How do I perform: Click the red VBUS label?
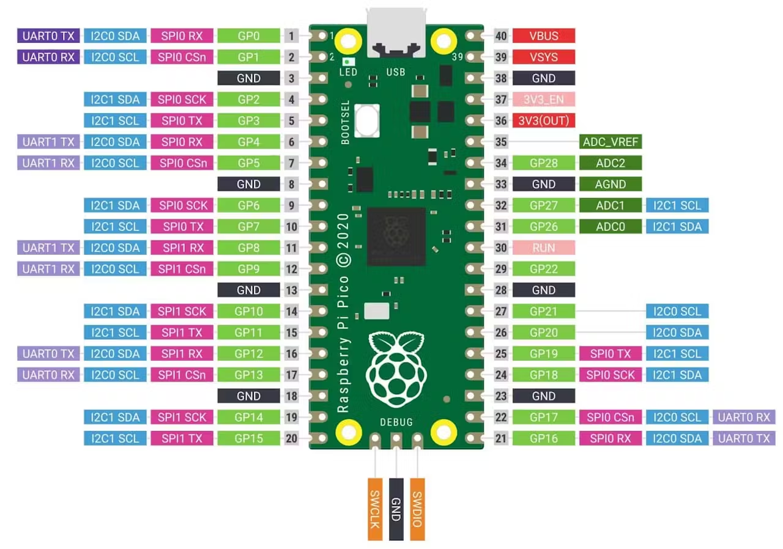(x=544, y=35)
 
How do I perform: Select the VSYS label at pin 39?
(x=544, y=57)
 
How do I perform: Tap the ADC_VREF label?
(x=610, y=142)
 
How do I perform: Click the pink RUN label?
(x=544, y=248)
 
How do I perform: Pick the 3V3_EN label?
(x=544, y=100)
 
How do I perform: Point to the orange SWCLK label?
(x=375, y=509)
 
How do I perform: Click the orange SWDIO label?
(x=417, y=509)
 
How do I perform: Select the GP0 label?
(x=248, y=35)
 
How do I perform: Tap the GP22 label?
(x=544, y=269)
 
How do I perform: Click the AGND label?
(x=610, y=184)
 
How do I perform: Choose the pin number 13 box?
(x=292, y=290)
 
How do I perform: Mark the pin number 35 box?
(x=501, y=142)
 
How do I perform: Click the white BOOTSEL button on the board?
(x=366, y=120)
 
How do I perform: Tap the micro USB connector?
(x=396, y=33)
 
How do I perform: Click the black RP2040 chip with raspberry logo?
(x=396, y=237)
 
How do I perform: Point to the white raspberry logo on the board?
(x=396, y=369)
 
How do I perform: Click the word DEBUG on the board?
(x=396, y=422)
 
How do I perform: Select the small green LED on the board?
(x=348, y=62)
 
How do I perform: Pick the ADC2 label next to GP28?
(x=610, y=163)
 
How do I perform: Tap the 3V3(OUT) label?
(x=544, y=120)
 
